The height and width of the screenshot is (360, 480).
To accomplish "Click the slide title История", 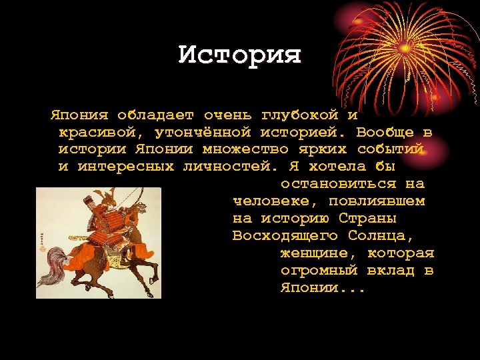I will coord(240,55).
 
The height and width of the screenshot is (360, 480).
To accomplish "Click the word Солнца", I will coord(381,236).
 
